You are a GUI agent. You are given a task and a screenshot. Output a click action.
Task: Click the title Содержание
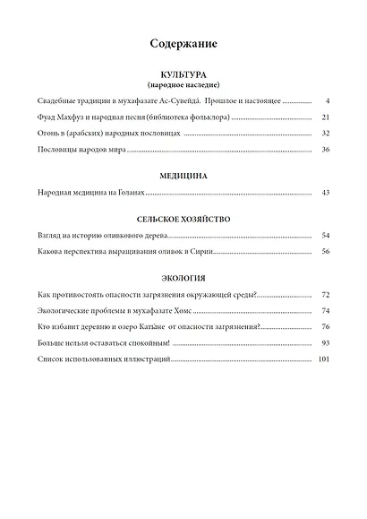coord(184,43)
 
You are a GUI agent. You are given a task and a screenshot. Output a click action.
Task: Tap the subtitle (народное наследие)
coord(185,86)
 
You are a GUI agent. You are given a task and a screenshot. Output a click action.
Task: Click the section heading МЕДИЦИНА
coord(185,176)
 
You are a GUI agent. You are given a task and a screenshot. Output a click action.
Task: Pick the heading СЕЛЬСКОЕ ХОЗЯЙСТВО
coord(185,219)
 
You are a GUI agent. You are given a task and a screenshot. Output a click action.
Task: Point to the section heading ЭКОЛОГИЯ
coord(185,278)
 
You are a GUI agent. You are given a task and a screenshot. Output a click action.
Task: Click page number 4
coord(329,102)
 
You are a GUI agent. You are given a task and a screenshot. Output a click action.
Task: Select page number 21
coord(326,117)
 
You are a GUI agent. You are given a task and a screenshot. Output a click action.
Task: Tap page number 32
coord(326,133)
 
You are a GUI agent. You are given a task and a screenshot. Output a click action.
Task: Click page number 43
coord(326,192)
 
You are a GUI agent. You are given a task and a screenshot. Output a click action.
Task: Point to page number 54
coord(326,235)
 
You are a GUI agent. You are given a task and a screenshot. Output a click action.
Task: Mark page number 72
coord(326,294)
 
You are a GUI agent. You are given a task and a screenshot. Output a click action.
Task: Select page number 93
coord(326,342)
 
